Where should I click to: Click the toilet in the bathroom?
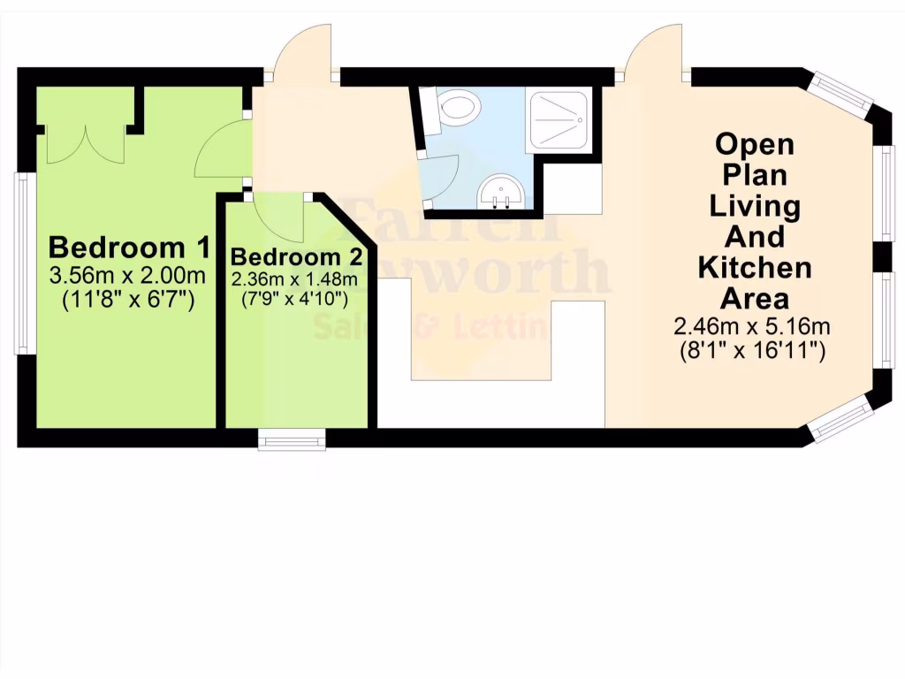[x=456, y=109]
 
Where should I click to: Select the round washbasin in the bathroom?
[x=502, y=192]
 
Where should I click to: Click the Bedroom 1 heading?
[x=130, y=246]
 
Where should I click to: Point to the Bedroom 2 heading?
[x=296, y=257]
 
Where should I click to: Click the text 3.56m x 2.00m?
[x=128, y=275]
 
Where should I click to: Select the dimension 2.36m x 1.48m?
[x=295, y=279]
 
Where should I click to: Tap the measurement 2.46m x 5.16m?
[x=752, y=326]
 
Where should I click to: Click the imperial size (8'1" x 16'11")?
[x=752, y=350]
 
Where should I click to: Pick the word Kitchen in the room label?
[x=755, y=266]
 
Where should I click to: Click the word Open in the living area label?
[x=755, y=143]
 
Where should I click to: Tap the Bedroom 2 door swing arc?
[x=279, y=217]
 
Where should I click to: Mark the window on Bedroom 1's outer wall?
[x=24, y=263]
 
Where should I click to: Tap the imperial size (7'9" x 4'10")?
[x=295, y=298]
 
